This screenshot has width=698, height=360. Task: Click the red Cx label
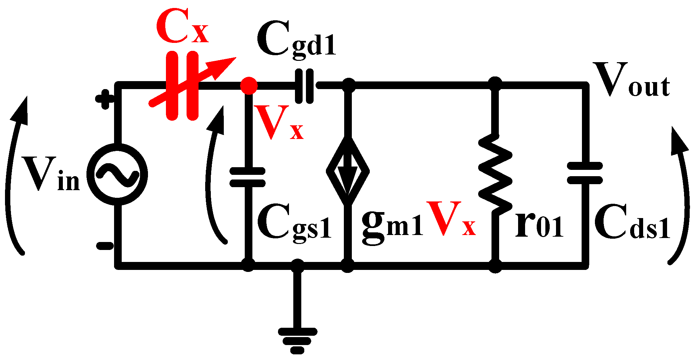tap(182, 27)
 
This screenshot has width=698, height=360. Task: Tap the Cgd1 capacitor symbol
tap(305, 86)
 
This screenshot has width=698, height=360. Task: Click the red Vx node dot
tap(249, 85)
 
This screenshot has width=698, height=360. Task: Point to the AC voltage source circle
tap(117, 175)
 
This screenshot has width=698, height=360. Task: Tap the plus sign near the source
tap(105, 99)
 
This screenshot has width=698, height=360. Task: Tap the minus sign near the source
tap(105, 246)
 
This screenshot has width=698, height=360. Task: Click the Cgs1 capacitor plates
tap(248, 177)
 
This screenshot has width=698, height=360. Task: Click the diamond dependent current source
tap(348, 172)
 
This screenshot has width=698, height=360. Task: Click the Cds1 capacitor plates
tap(585, 173)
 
